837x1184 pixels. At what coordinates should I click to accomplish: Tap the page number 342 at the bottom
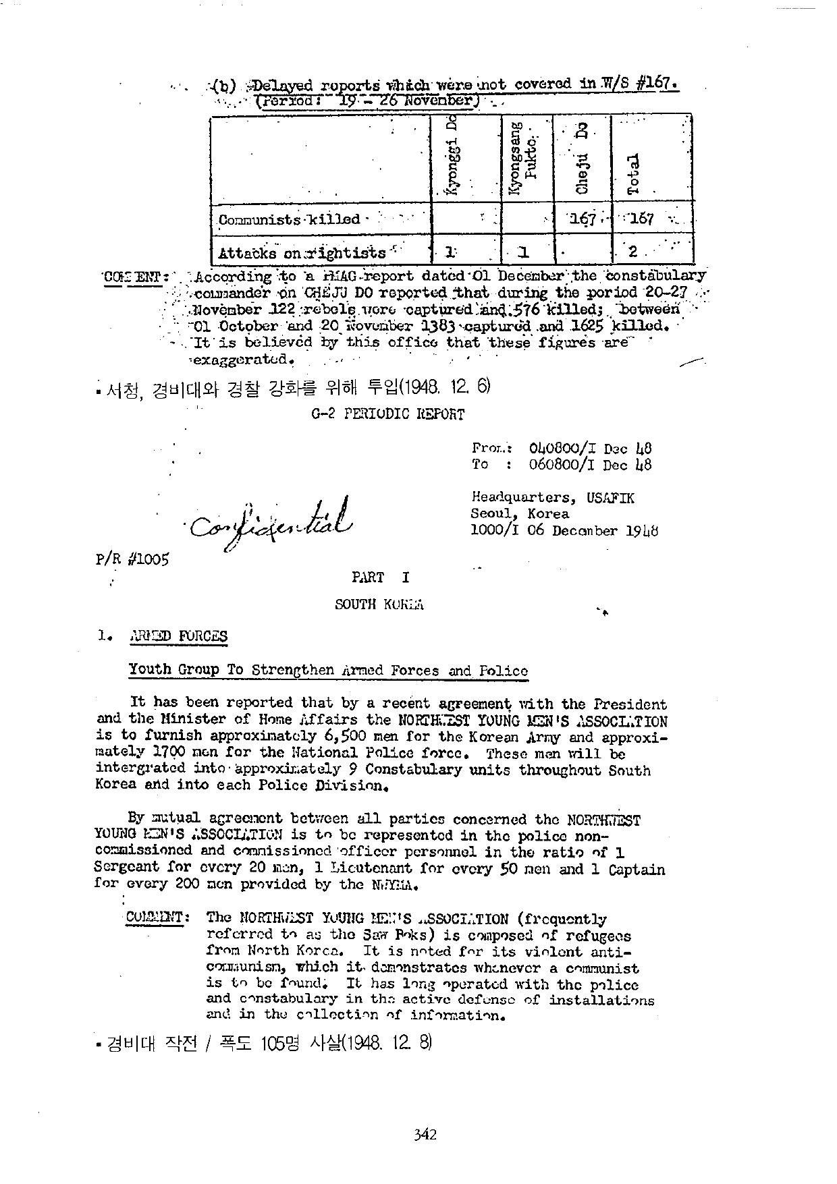[x=425, y=1134]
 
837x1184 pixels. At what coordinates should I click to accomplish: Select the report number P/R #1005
[x=132, y=559]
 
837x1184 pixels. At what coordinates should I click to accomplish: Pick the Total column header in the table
[x=633, y=174]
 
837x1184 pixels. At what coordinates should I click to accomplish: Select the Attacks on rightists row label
[x=302, y=254]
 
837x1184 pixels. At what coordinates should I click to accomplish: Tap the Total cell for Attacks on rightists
[x=633, y=252]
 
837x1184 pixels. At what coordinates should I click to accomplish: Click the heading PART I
[x=380, y=577]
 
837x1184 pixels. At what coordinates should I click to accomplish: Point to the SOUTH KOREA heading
[x=379, y=604]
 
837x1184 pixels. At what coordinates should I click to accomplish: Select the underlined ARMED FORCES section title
[x=178, y=636]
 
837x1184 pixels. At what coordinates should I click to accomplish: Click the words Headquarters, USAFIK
[x=553, y=498]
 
